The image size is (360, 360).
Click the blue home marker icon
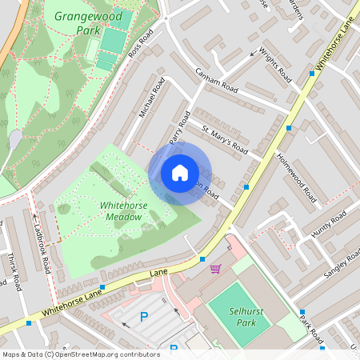180,173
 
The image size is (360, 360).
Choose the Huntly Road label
329,223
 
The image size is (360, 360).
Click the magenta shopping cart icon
215,268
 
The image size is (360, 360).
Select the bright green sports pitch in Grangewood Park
114,40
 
